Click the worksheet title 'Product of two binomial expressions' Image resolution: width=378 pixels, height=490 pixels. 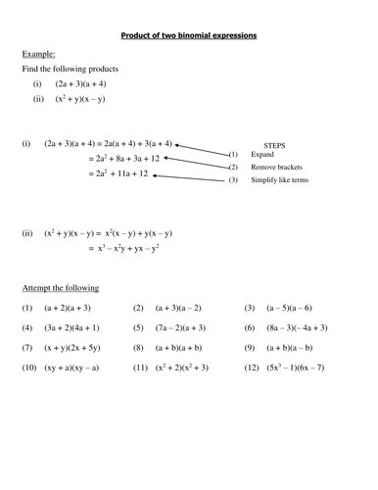point(187,35)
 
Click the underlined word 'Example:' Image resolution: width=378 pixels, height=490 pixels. point(37,55)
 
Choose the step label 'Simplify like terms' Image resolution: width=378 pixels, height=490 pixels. point(283,180)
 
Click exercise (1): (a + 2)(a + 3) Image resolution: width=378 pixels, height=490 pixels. point(72,307)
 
